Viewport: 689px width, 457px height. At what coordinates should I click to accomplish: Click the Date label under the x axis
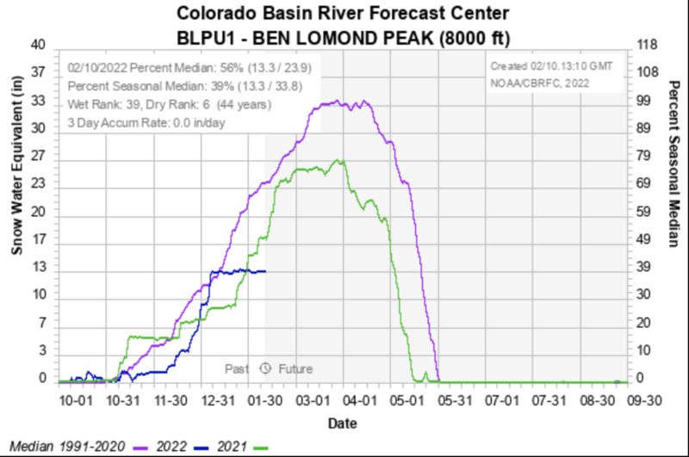click(x=343, y=423)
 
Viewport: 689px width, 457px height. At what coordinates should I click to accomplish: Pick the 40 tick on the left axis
click(x=39, y=46)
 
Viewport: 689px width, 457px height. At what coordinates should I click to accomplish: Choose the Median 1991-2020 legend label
click(x=65, y=446)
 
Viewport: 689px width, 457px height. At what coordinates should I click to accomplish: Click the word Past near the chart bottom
click(x=237, y=368)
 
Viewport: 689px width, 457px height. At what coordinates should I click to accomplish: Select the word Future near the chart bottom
click(x=295, y=368)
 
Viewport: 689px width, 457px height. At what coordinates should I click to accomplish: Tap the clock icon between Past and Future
click(x=265, y=368)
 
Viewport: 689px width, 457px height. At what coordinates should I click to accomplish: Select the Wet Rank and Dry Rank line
click(x=169, y=105)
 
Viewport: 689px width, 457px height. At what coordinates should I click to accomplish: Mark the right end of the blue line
click(x=265, y=271)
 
